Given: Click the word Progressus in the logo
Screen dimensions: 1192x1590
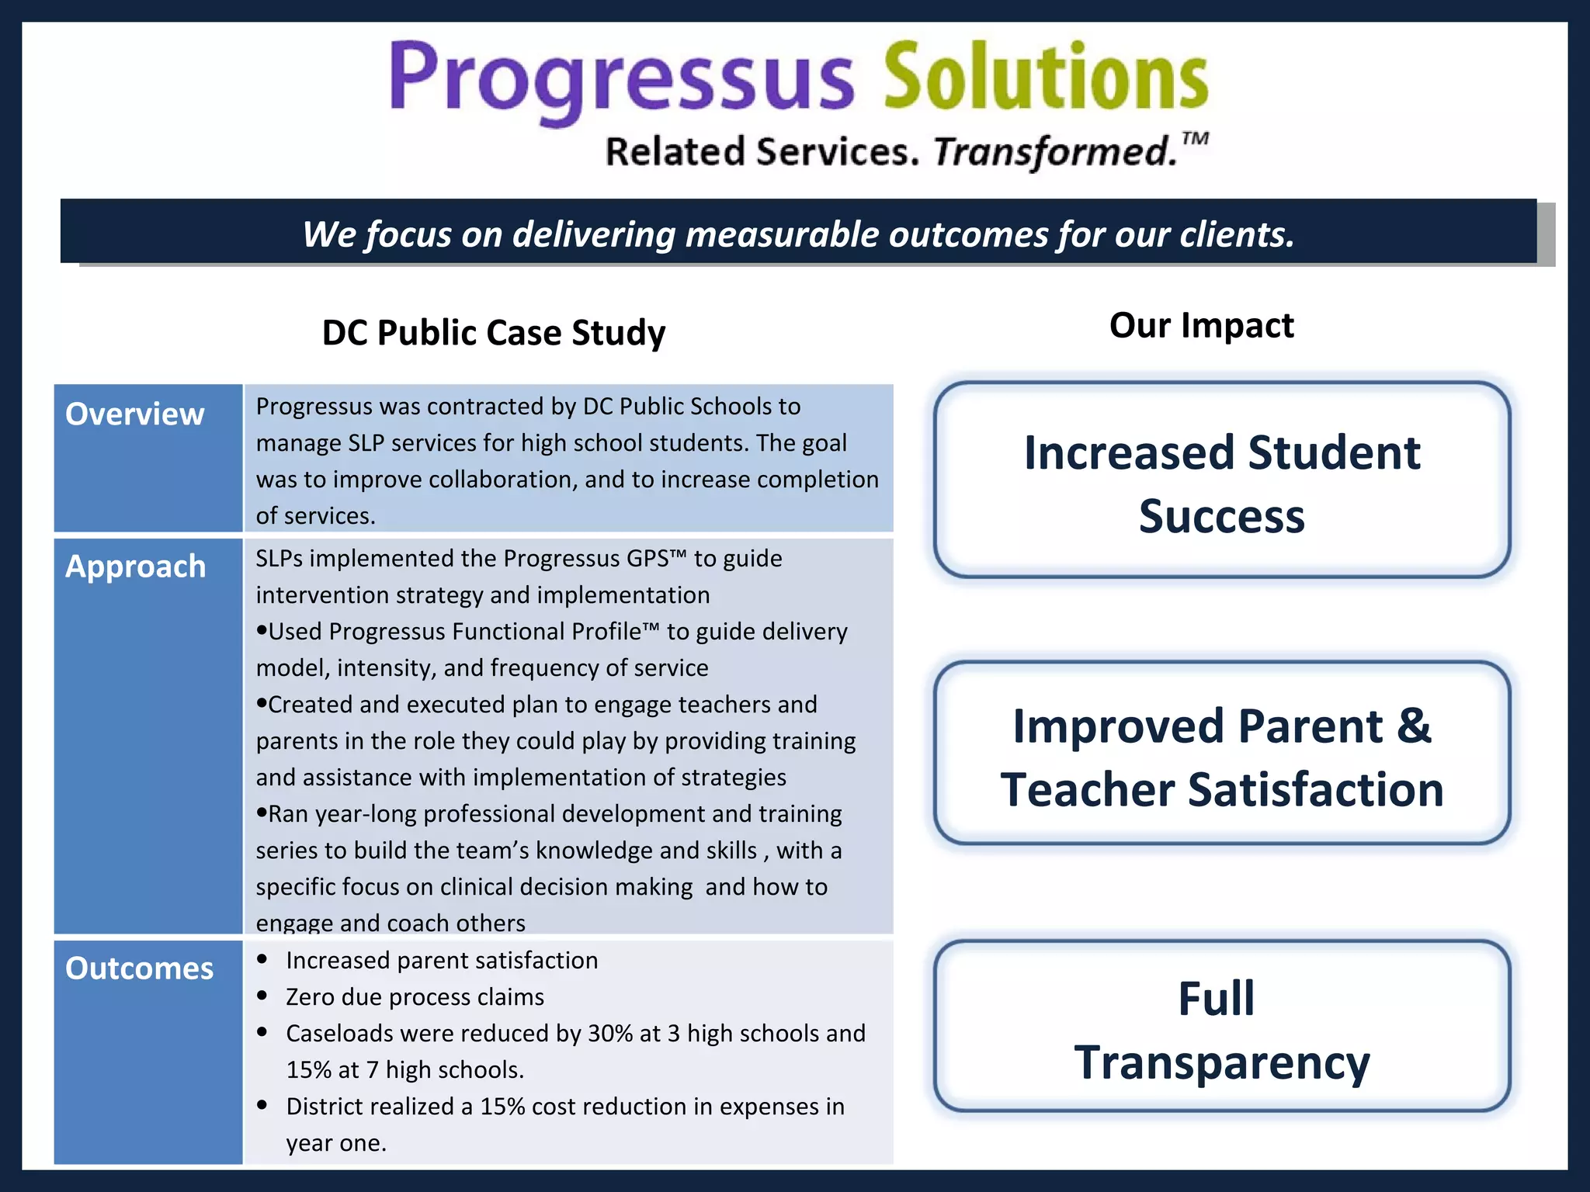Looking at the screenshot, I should tap(621, 78).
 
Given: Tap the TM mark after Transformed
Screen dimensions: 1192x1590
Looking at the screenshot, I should tap(1195, 139).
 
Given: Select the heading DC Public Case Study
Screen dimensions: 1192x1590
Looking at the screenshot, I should tap(494, 333).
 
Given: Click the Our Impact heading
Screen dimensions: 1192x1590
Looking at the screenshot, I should tap(1201, 325).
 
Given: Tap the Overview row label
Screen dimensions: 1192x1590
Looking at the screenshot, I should tap(134, 414).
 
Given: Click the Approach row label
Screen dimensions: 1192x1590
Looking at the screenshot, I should tap(135, 567).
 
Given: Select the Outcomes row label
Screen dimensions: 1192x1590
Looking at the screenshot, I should tap(139, 968).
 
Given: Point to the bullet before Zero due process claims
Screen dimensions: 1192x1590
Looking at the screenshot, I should tap(262, 996).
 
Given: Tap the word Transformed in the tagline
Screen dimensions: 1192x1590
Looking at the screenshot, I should tap(1054, 151).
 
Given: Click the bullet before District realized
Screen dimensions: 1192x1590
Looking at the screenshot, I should tap(262, 1105).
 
